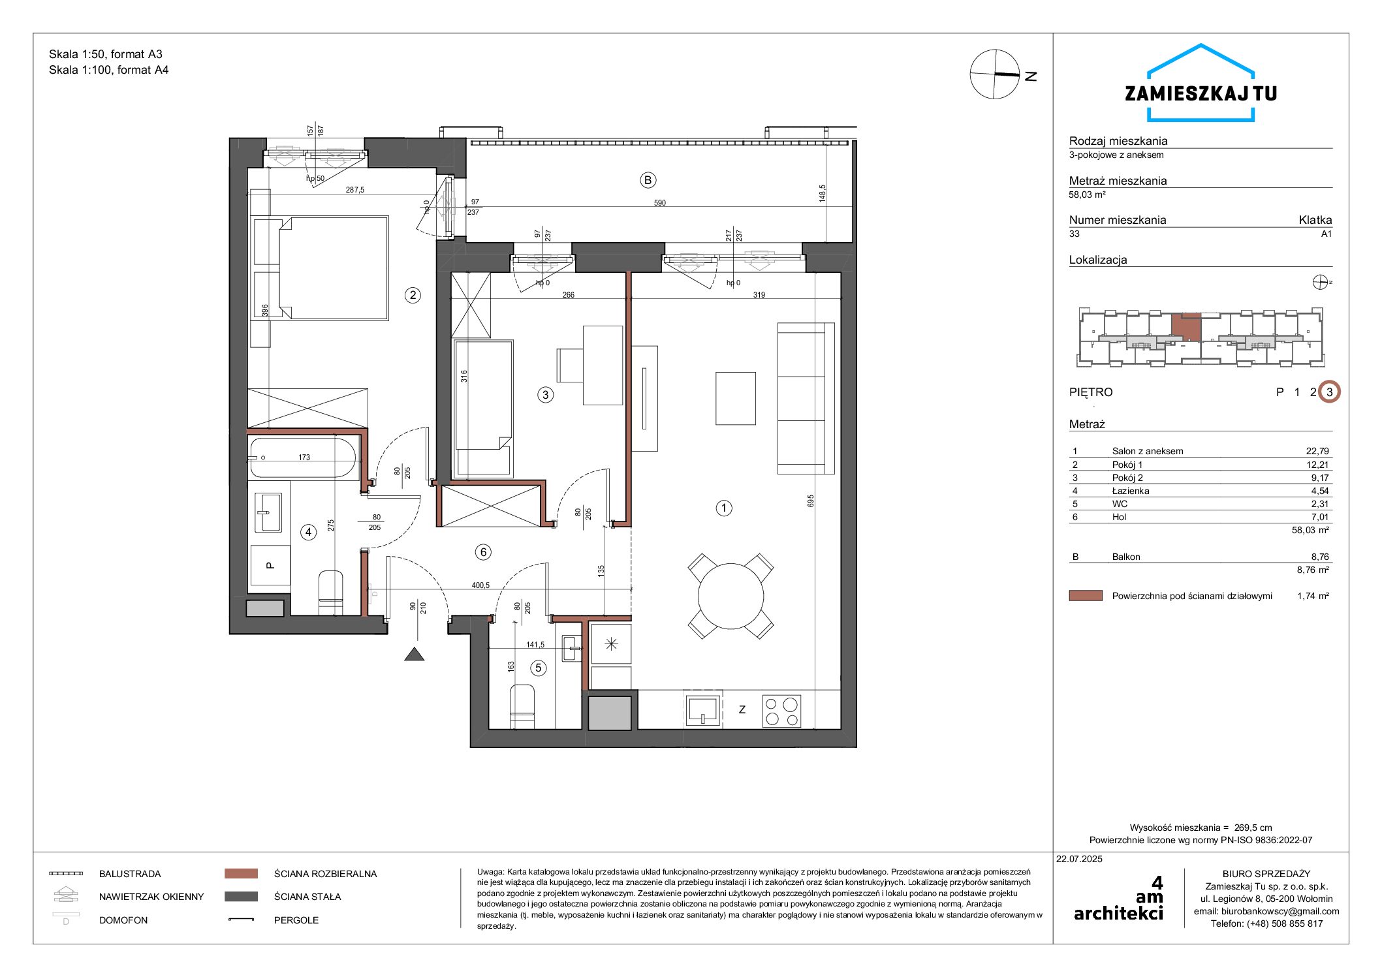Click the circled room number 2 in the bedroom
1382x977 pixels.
click(413, 295)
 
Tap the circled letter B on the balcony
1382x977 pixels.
click(648, 180)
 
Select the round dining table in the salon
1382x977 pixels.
click(730, 596)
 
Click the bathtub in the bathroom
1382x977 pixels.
click(303, 457)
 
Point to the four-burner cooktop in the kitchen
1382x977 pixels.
click(781, 711)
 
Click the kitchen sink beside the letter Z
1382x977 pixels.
click(702, 710)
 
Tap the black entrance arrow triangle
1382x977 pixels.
click(415, 654)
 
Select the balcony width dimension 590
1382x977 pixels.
click(660, 203)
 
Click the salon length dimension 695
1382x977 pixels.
click(811, 501)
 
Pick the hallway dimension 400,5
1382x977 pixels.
click(480, 585)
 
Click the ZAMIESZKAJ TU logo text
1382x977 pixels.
click(1201, 94)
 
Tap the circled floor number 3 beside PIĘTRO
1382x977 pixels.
click(1329, 392)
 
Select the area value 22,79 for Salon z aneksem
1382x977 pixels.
click(1317, 451)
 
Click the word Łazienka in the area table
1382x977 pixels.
click(1131, 491)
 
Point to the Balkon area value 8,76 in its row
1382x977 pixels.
click(1320, 557)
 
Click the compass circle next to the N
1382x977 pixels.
click(994, 74)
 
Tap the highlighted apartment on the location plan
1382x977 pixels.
click(1186, 328)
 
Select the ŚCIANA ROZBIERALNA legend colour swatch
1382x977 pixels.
click(241, 873)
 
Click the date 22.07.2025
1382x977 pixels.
click(1079, 859)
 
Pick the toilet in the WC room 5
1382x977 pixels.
click(522, 706)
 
